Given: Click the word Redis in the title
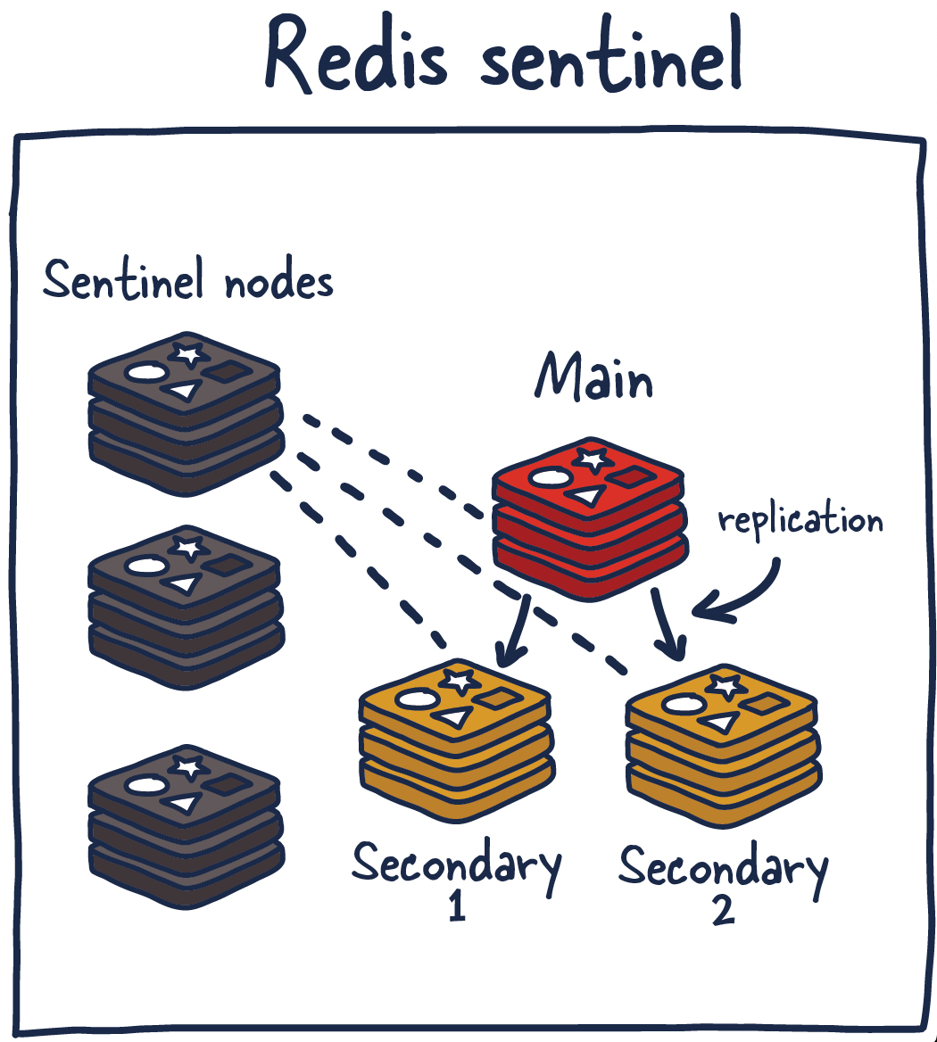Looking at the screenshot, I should (357, 57).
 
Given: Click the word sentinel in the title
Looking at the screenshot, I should (612, 61).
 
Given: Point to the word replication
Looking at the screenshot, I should (800, 519).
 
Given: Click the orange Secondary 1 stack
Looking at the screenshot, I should (457, 740).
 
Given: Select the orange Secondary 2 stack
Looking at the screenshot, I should (723, 746).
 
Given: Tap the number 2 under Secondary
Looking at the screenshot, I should (724, 910).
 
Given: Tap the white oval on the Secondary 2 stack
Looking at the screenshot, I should (681, 706).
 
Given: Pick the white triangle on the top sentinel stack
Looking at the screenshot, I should (182, 390).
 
